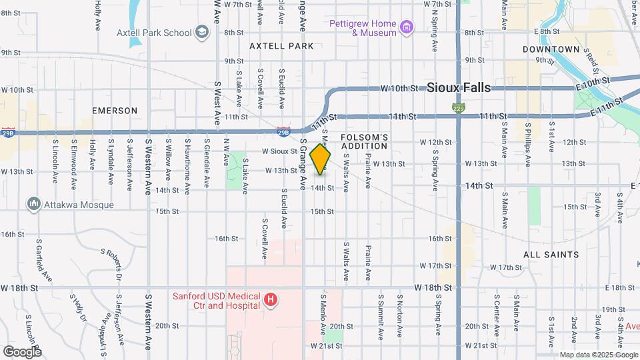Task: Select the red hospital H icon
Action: pyautogui.click(x=271, y=300)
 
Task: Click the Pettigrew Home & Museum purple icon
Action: pyautogui.click(x=407, y=27)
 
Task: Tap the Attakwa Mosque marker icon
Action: pyautogui.click(x=33, y=203)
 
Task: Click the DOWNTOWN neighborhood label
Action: pyautogui.click(x=551, y=49)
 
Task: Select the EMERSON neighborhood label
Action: pyautogui.click(x=115, y=111)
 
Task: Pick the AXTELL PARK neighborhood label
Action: pyautogui.click(x=281, y=46)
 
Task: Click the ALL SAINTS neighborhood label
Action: pyautogui.click(x=551, y=255)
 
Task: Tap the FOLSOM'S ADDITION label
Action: pyautogui.click(x=364, y=142)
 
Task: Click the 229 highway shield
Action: pyautogui.click(x=458, y=107)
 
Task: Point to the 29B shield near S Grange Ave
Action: pyautogui.click(x=283, y=131)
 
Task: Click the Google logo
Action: pyautogui.click(x=22, y=351)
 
